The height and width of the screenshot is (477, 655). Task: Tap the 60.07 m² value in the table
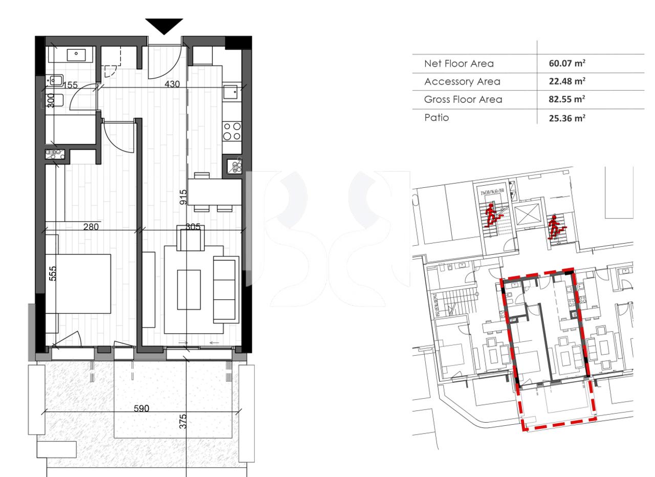click(x=566, y=63)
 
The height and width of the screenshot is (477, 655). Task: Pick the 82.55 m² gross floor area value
click(x=566, y=99)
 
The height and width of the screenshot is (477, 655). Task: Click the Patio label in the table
click(x=436, y=117)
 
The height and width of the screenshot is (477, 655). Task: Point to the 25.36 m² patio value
click(x=566, y=118)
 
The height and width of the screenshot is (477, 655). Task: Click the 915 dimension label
click(x=183, y=198)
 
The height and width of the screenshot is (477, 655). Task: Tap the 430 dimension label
click(x=172, y=84)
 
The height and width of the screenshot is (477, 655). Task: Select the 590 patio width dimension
click(x=141, y=408)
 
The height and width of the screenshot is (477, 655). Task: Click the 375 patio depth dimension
click(x=183, y=421)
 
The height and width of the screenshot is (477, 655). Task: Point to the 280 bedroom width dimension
click(x=91, y=226)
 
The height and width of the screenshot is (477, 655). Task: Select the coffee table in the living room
click(x=189, y=289)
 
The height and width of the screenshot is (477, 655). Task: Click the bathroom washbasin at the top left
click(x=76, y=53)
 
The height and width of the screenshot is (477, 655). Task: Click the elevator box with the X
click(x=527, y=215)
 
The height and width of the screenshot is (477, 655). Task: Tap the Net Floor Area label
click(x=459, y=63)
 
